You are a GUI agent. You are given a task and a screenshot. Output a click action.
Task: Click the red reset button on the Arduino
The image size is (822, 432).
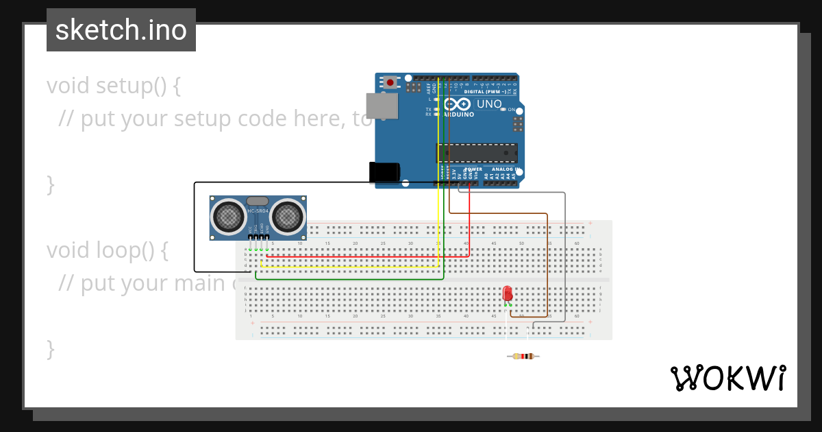pos(390,82)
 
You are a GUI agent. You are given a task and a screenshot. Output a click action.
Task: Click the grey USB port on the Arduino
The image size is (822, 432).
pos(382,106)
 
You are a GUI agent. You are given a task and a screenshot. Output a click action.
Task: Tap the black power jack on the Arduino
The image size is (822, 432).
pos(384,172)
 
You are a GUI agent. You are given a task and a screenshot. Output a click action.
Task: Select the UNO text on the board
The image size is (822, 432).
pos(490,104)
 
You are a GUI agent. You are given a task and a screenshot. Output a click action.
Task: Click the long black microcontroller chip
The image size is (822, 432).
pos(477,153)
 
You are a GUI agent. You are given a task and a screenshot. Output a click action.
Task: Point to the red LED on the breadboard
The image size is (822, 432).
pos(508,293)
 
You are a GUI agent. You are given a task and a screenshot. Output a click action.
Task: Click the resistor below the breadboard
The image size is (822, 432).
pos(523,356)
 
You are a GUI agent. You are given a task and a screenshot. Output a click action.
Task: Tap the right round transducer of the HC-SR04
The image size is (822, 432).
pos(287,217)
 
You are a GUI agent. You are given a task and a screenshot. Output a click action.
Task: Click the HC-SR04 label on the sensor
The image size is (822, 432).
pos(258,211)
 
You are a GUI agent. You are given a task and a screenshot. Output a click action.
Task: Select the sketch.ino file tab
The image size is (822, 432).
pos(121,30)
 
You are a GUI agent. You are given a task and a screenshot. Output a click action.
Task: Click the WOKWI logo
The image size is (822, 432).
pos(727,378)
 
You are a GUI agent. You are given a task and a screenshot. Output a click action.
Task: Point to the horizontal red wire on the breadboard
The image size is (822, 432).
pos(363,256)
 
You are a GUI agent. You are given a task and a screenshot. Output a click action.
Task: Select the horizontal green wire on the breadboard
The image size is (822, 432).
pos(349,279)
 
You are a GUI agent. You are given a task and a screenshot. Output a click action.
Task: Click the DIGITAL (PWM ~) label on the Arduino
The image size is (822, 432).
pos(486,91)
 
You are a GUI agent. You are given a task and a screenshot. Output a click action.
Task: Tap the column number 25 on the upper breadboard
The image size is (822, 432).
pos(383,243)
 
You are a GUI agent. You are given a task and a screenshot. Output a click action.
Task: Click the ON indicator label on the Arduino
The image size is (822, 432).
pos(511,109)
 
